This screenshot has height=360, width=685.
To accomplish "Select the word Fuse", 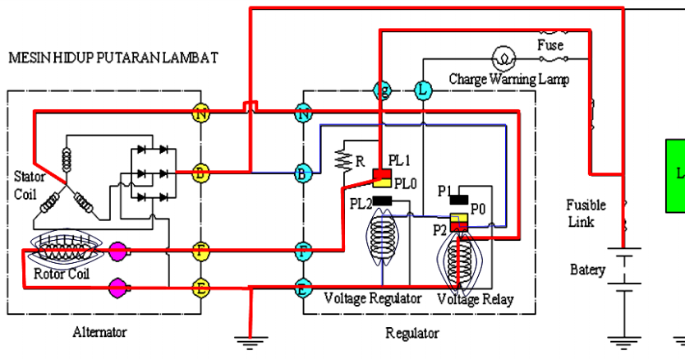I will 549,45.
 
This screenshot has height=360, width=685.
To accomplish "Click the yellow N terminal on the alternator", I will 200,113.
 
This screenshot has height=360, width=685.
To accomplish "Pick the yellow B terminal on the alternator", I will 200,173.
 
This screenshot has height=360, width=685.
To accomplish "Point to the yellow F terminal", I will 200,248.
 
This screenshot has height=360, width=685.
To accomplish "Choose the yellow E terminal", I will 200,287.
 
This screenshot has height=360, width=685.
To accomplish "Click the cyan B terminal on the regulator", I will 304,173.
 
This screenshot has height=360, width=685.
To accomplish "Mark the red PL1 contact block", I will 381,174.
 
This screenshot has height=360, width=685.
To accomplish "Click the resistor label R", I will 358,161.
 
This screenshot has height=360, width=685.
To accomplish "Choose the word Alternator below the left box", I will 99,333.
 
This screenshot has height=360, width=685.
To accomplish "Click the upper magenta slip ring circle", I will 117,249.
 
